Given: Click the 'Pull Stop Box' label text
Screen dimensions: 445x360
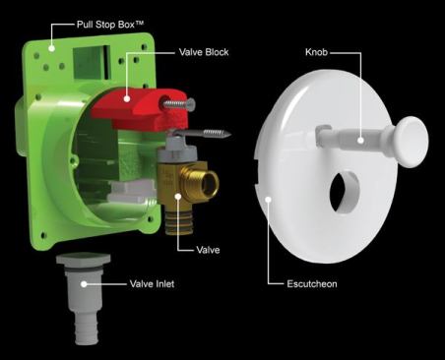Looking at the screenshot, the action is [x=110, y=25].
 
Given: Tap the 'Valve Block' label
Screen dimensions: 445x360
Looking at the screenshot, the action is [x=204, y=52].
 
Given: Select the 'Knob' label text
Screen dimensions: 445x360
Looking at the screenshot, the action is [x=316, y=52].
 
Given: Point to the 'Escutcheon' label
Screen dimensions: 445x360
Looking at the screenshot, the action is [x=312, y=283].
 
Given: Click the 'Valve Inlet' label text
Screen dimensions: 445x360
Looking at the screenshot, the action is [x=152, y=283].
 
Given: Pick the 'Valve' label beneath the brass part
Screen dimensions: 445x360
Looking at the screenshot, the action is [x=208, y=250].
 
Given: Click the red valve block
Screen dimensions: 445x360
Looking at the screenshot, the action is [x=140, y=108].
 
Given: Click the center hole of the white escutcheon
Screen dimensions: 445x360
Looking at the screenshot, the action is [x=345, y=192].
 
